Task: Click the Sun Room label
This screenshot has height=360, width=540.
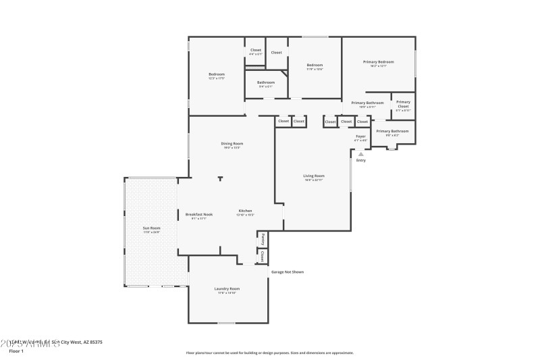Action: (151, 228)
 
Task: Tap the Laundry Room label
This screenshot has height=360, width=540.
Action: (227, 288)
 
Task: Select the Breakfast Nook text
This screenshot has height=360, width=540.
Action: (199, 215)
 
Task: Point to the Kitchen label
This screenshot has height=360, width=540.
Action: (245, 211)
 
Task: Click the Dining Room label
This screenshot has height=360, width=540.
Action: (232, 143)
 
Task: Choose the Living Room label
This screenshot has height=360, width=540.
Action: (315, 176)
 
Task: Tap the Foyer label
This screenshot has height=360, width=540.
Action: (360, 136)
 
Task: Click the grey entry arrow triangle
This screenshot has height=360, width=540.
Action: (360, 154)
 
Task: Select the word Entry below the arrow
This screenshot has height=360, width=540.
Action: (360, 160)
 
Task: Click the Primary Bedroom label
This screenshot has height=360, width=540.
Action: (378, 61)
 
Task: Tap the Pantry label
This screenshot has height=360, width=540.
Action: (262, 239)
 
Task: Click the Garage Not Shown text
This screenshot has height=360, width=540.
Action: (288, 272)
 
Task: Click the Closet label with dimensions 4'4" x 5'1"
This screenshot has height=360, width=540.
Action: (255, 50)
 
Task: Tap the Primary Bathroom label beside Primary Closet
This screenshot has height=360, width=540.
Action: (367, 103)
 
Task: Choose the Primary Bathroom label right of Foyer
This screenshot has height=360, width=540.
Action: (392, 131)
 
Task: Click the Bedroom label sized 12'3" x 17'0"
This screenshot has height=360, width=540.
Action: (216, 74)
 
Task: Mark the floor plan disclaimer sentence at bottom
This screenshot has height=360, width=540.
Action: (270, 353)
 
